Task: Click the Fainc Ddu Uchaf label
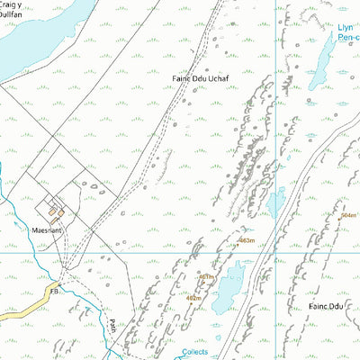[201, 79]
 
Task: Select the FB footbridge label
[54, 292]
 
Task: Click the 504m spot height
[349, 216]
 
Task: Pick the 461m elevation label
[207, 277]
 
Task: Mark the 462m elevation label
[193, 297]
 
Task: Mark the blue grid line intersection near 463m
[275, 252]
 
